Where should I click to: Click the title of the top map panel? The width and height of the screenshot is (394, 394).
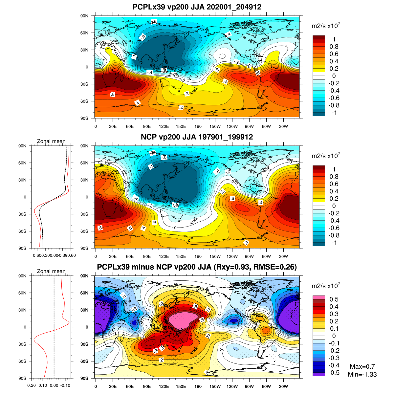pos(197,7)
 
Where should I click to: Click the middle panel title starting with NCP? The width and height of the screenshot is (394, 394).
pos(197,137)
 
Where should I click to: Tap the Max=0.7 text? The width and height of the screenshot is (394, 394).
pos(362,367)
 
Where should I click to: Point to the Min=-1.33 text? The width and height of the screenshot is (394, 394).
pos(362,374)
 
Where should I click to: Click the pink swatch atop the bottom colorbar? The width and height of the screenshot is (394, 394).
pos(318,297)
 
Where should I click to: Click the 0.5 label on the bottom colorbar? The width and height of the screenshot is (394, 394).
pos(334,299)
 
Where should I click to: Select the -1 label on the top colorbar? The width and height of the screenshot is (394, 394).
pos(334,113)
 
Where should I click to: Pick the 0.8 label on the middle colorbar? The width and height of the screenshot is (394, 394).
pos(334,177)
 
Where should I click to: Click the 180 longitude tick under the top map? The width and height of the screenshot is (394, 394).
pos(198,126)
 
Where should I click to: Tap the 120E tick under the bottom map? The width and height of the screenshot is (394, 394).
pos(164,386)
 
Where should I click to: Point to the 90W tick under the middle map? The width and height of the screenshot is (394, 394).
pos(249,256)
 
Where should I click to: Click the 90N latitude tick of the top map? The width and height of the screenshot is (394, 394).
pos(84,16)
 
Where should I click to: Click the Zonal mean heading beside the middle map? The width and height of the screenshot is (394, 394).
pos(51,142)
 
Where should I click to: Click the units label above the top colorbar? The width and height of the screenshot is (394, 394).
pos(325,26)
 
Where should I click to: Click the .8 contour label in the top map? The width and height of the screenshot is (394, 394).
pos(113,95)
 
